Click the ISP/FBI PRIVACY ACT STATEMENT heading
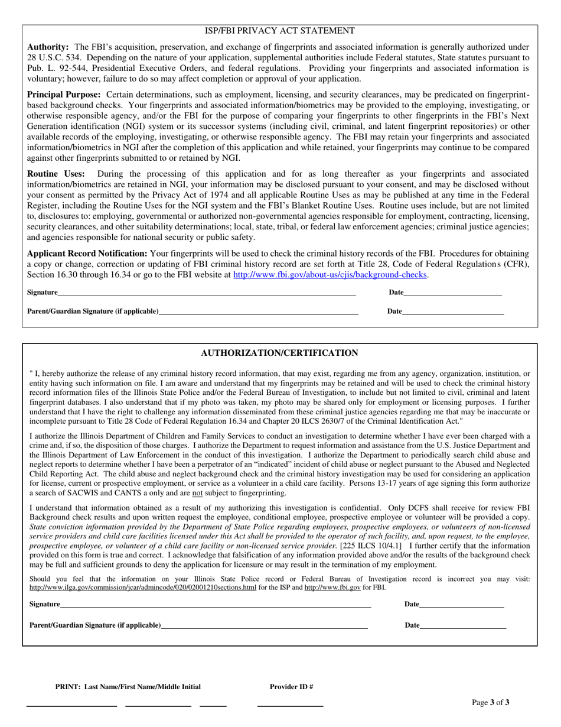pos(279,31)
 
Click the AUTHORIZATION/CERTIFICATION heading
pos(279,353)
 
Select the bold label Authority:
pos(48,47)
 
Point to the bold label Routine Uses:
pos(56,174)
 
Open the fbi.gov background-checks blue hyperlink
pos(330,275)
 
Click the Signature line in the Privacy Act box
pos(207,293)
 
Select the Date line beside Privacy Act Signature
pos(453,293)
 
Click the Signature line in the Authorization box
pos(216,605)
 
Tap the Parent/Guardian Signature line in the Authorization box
pos(264,626)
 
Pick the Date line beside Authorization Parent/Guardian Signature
pos(463,626)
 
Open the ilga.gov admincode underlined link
pos(143,588)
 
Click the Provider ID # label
pos(291,687)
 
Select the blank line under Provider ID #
pos(290,705)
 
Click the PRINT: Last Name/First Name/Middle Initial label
pos(128,687)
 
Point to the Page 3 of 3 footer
pos(491,703)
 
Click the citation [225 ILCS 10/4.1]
pos(370,546)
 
